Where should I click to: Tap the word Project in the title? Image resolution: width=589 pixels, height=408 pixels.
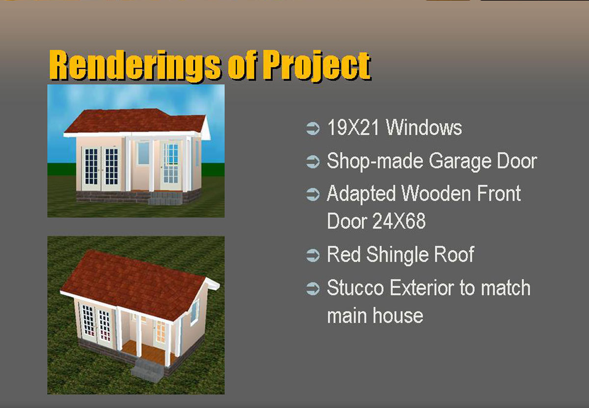(317, 66)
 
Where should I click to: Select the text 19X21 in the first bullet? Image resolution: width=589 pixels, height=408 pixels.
(353, 127)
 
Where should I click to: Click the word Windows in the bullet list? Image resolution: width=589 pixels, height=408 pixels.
(424, 127)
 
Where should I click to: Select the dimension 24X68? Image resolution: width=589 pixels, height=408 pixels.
(399, 221)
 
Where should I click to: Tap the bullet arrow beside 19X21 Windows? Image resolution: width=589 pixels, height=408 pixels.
(313, 128)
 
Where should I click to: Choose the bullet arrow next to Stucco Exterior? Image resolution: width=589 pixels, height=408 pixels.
(313, 289)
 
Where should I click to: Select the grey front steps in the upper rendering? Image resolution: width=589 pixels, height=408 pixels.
(165, 198)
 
